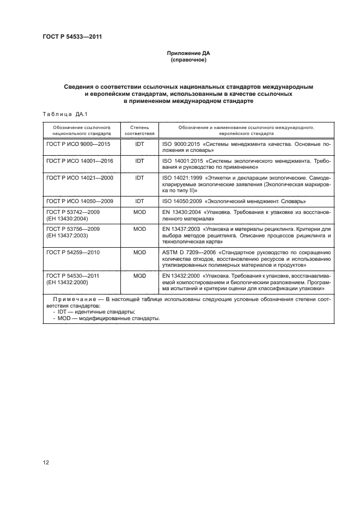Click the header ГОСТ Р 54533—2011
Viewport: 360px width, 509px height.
[72, 37]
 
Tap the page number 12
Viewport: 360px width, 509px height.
[46, 462]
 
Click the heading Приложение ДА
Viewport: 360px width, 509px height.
[188, 53]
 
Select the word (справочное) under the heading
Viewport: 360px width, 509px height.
[188, 60]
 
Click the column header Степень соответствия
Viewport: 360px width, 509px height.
[139, 130]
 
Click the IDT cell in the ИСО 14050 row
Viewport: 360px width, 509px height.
[139, 201]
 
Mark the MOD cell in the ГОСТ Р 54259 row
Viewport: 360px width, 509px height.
[139, 253]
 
